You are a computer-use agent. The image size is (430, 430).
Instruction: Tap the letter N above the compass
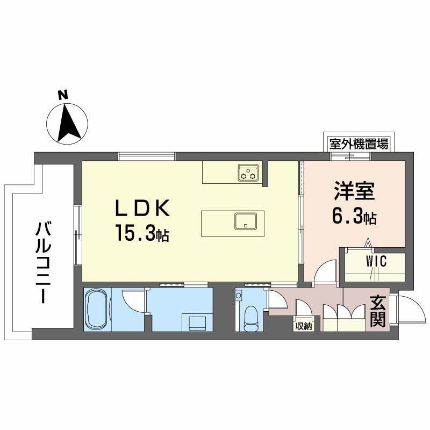(63, 95)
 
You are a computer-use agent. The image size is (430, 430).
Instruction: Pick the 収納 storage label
(303, 325)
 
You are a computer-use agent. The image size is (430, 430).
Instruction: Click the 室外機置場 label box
(359, 144)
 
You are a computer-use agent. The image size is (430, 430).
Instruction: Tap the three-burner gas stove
(249, 173)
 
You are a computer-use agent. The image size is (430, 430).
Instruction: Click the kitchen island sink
(245, 221)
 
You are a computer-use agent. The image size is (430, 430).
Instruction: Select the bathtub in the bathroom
(98, 311)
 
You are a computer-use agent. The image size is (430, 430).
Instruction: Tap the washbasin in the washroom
(197, 323)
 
